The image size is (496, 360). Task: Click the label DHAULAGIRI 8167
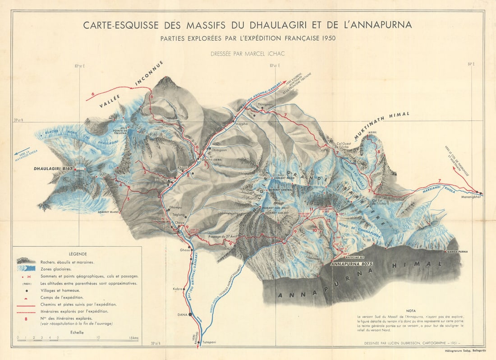pos(54,169)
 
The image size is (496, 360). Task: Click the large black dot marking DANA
pos(190,314)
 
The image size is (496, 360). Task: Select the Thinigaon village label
pos(265,104)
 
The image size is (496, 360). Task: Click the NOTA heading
pos(411,310)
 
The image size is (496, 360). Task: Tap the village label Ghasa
pos(185,249)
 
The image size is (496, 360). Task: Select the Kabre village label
pos(177,288)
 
